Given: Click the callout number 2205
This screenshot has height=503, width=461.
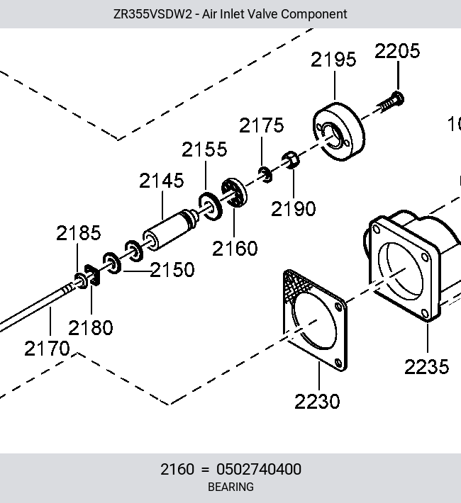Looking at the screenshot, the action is pos(397,51).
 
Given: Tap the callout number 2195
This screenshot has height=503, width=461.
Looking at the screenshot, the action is pos(333,60).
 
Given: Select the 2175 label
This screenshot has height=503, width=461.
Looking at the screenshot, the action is pos(262,125).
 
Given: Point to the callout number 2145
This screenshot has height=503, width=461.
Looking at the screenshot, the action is pos(162,181).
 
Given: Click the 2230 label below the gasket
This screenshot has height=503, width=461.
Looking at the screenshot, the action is pos(317,402).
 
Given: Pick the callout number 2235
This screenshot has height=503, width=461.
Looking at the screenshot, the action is pos(427,367).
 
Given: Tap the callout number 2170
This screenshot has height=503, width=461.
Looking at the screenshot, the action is pos(47,349).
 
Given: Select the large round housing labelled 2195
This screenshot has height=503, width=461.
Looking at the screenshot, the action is pos(339,132).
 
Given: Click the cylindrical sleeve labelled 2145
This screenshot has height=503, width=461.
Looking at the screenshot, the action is pos(170,229).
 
